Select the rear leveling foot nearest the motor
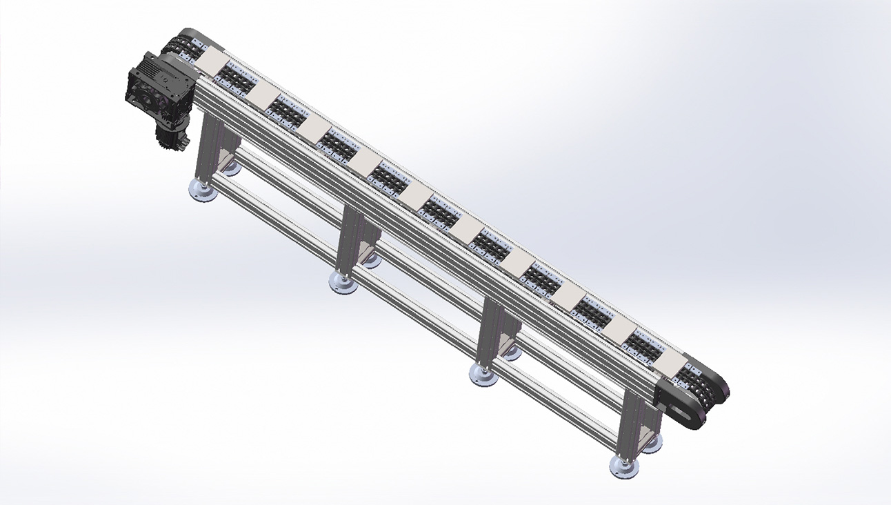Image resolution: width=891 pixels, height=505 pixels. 232,168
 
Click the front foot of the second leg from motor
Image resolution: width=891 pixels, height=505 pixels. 343,282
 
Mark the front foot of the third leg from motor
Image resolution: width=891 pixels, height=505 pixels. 483,375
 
